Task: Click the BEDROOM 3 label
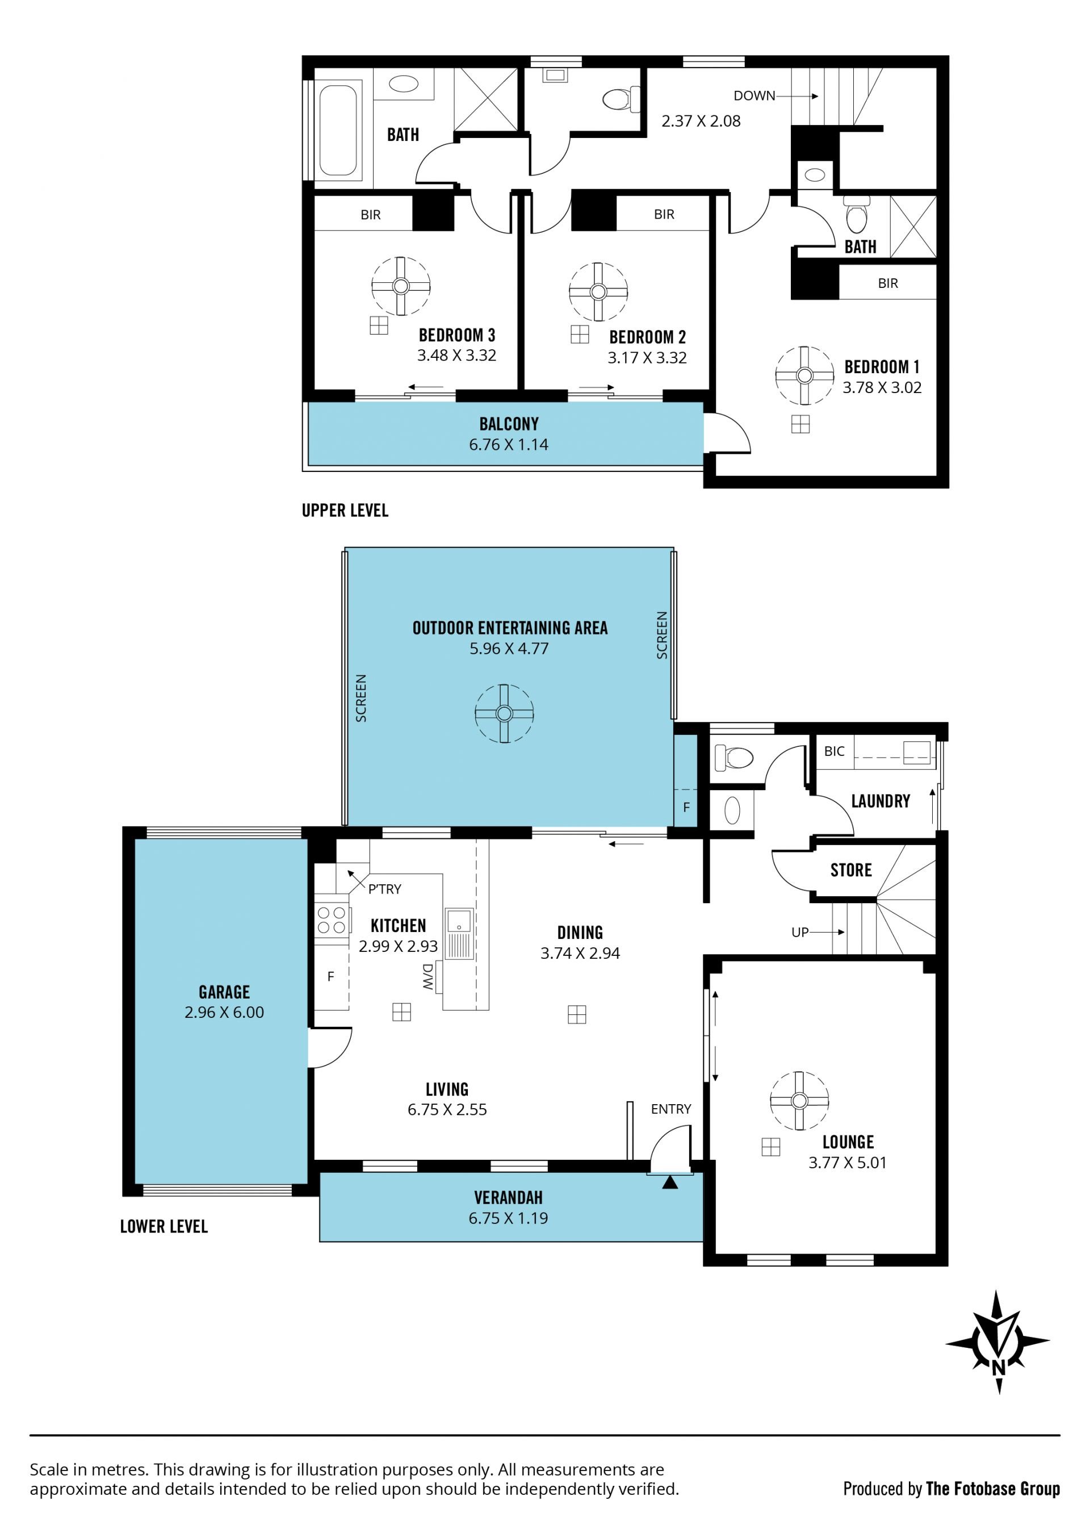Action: point(456,335)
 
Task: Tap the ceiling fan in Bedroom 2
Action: point(598,292)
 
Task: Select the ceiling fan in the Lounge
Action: point(799,1101)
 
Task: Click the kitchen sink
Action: point(460,933)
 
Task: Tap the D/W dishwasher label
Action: point(427,977)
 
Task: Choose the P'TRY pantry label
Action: point(384,889)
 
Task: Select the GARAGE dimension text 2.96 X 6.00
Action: point(224,1012)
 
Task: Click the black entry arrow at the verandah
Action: point(670,1183)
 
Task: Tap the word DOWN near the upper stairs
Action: point(754,96)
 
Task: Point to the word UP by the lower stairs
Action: point(800,932)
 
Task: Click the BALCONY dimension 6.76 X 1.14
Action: point(509,445)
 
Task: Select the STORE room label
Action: point(851,870)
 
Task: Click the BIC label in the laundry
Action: point(835,751)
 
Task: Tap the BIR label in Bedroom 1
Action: point(888,283)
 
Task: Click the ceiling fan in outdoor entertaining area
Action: point(504,714)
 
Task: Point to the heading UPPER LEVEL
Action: point(345,511)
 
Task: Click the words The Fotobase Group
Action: point(993,1489)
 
